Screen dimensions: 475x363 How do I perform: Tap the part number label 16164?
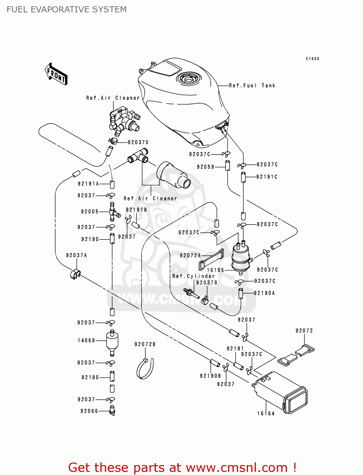(x=266, y=414)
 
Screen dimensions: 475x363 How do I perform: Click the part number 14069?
(x=86, y=340)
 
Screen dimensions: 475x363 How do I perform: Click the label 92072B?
(x=145, y=344)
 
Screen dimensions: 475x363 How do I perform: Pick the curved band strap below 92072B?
(x=145, y=369)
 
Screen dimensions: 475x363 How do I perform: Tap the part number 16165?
(x=215, y=270)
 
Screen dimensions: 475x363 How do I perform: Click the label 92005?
(x=90, y=212)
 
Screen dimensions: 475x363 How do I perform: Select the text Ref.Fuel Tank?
(x=252, y=85)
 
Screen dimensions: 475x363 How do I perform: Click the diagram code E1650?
(x=312, y=59)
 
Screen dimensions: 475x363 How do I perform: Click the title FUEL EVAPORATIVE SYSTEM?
(x=67, y=9)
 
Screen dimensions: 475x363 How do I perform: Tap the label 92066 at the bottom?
(x=89, y=411)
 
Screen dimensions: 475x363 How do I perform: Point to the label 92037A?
(x=76, y=255)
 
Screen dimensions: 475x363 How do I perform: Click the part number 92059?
(x=205, y=167)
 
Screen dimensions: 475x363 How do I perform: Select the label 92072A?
(x=190, y=255)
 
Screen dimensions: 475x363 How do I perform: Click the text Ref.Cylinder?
(x=194, y=276)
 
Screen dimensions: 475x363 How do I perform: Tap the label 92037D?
(x=138, y=142)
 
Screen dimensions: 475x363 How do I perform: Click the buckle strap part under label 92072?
(x=296, y=355)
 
